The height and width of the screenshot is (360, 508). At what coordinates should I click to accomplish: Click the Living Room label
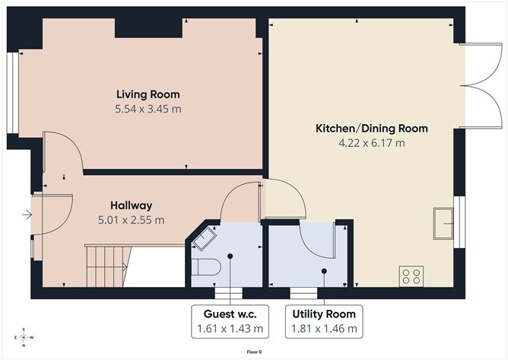[148, 94]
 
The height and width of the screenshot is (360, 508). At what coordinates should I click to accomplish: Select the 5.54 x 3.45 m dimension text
[148, 109]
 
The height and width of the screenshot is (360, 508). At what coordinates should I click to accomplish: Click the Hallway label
[131, 205]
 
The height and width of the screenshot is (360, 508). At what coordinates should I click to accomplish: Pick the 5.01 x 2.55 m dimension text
[131, 220]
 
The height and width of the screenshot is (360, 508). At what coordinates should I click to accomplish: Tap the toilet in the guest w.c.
[207, 267]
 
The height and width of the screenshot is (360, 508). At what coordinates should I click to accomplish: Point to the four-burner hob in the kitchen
[411, 275]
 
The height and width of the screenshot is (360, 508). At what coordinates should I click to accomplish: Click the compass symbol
[24, 337]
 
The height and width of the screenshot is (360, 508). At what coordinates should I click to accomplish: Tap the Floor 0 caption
[254, 352]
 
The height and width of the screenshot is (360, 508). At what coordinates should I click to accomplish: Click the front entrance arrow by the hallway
[27, 215]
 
